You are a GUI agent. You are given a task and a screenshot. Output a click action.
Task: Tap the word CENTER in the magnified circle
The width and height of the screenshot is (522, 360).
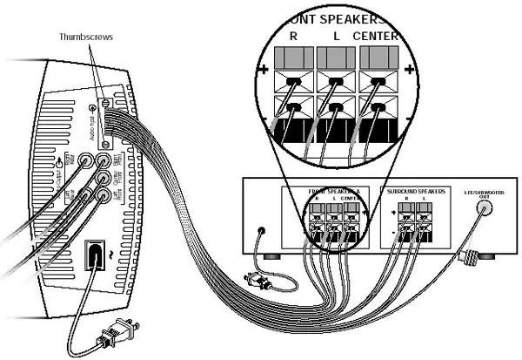click(376, 37)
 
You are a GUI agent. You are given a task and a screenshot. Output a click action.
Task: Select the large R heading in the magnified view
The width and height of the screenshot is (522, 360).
click(293, 37)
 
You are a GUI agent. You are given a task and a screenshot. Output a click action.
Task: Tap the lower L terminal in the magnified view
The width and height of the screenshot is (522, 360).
click(335, 109)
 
